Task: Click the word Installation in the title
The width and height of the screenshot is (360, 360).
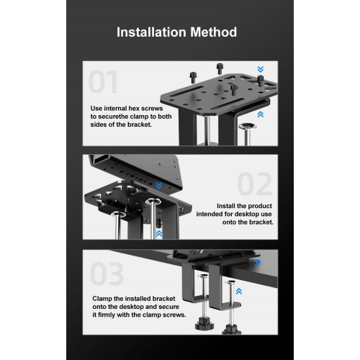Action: (151, 32)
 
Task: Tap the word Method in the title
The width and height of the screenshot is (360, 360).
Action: (214, 32)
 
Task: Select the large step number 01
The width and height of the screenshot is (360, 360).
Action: (103, 81)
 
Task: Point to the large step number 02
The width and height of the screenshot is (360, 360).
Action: (255, 184)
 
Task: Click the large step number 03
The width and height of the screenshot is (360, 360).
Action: (107, 274)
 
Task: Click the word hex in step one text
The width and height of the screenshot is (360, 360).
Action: (134, 109)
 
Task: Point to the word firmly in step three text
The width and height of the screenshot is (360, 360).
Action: (107, 315)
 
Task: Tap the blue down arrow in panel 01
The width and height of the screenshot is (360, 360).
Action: (261, 69)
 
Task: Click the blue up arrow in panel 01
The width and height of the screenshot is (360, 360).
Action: (261, 114)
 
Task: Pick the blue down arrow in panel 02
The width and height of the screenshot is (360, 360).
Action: (159, 185)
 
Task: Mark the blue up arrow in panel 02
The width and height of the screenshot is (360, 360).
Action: (159, 234)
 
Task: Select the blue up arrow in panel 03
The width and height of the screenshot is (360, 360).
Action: (239, 292)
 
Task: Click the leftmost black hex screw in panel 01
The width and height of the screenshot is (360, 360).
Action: (193, 77)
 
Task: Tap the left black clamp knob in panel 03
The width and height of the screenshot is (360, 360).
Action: (204, 325)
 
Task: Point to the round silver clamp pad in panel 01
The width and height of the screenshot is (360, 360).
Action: (248, 126)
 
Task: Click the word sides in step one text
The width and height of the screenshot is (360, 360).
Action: (98, 125)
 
